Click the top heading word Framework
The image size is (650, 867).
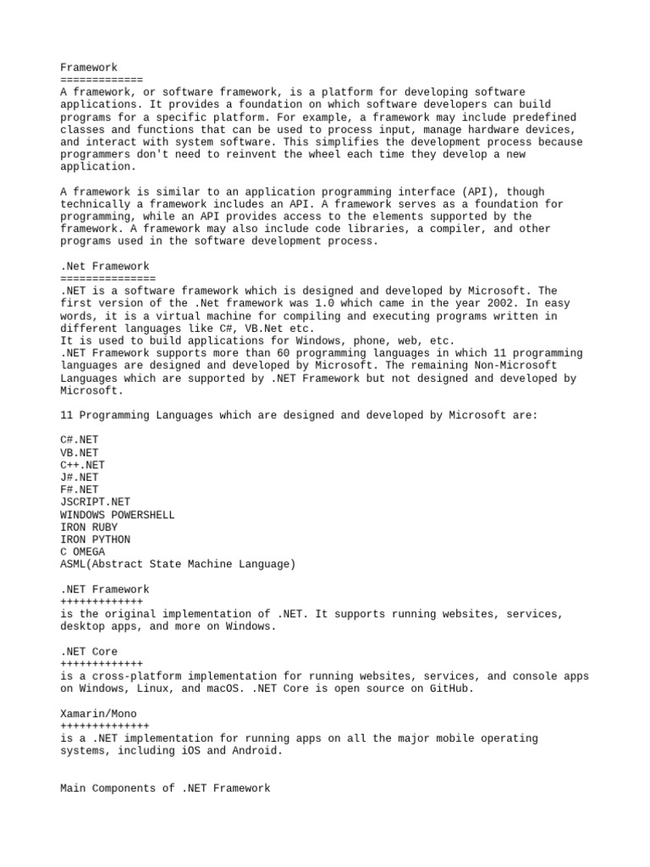click(x=89, y=67)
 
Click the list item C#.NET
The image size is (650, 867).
click(x=80, y=440)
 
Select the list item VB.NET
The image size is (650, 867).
click(x=80, y=453)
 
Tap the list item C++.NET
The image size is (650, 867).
click(x=83, y=465)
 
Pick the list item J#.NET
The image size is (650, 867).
click(x=80, y=478)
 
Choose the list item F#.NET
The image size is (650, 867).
click(x=80, y=490)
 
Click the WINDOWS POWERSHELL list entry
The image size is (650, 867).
click(x=118, y=515)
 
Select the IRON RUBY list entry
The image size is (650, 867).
click(x=89, y=527)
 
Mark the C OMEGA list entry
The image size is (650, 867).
click(x=83, y=552)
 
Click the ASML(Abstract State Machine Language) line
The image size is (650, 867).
click(x=178, y=564)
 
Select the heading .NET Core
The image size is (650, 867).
click(x=89, y=652)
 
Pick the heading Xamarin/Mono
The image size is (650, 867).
click(x=98, y=714)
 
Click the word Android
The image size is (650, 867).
click(x=255, y=751)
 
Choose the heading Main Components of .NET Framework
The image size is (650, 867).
click(x=165, y=788)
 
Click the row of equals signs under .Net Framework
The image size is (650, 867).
click(x=108, y=279)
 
